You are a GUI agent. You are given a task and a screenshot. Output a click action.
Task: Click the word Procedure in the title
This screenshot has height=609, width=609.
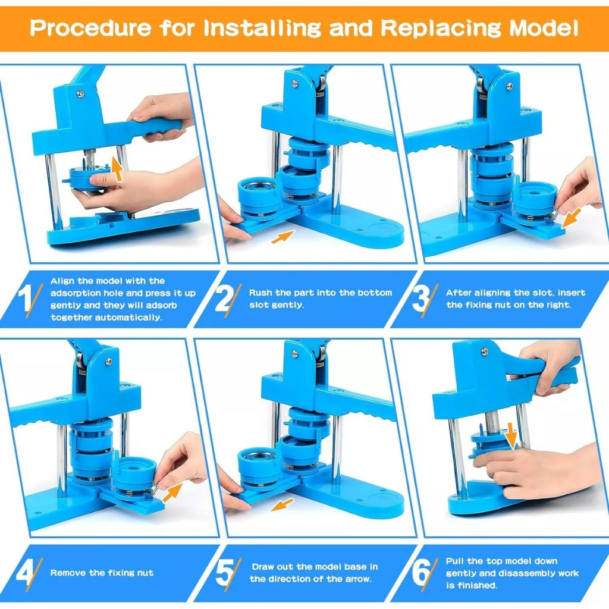click(x=91, y=28)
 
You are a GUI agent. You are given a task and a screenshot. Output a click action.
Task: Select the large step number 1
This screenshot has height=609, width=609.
click(x=25, y=298)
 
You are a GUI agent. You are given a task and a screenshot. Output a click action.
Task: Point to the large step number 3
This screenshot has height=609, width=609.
click(x=420, y=298)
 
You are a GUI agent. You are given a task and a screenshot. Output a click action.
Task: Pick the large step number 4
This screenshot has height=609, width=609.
click(x=24, y=573)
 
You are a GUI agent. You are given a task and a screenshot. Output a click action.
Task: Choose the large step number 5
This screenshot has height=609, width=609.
click(x=224, y=573)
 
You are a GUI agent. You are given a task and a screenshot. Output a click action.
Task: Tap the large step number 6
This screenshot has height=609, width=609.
click(x=420, y=573)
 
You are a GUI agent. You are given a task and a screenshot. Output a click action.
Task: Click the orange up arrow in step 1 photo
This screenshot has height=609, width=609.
click(x=117, y=169)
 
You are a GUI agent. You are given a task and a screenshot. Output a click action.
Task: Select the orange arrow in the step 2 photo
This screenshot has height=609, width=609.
click(x=282, y=237)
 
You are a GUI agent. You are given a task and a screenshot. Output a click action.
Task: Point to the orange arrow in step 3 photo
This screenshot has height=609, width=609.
click(x=571, y=218)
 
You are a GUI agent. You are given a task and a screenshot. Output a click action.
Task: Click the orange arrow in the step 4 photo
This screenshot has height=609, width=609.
click(x=172, y=493)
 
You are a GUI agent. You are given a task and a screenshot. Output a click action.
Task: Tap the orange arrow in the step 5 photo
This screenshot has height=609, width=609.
click(x=282, y=504)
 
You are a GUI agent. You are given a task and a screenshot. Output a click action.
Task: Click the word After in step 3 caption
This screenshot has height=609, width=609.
click(x=457, y=293)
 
